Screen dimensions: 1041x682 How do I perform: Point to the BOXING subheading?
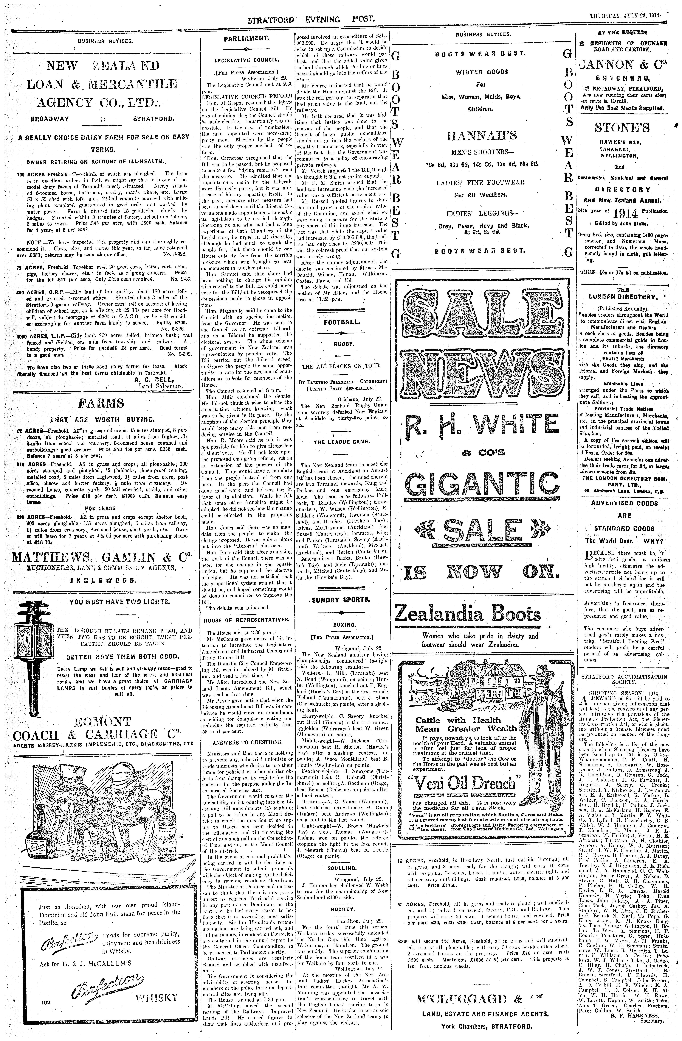(x=341, y=625)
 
